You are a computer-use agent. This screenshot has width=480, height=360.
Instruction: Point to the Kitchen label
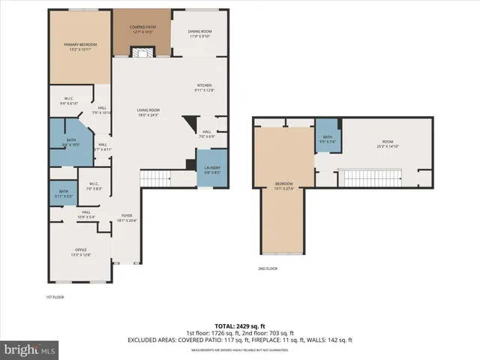coord(205,87)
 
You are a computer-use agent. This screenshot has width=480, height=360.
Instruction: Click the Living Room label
coord(148,112)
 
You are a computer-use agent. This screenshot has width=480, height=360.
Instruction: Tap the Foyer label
coord(127,218)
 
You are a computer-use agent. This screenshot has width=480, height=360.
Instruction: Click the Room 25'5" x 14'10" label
coord(388,145)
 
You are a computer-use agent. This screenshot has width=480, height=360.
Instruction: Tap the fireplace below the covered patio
coord(142,52)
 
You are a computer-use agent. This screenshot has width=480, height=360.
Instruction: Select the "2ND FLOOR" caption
coord(268,268)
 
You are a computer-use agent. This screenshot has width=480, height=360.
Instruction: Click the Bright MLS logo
coord(30,349)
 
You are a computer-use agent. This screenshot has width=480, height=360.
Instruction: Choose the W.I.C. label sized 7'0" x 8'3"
coord(94,186)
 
